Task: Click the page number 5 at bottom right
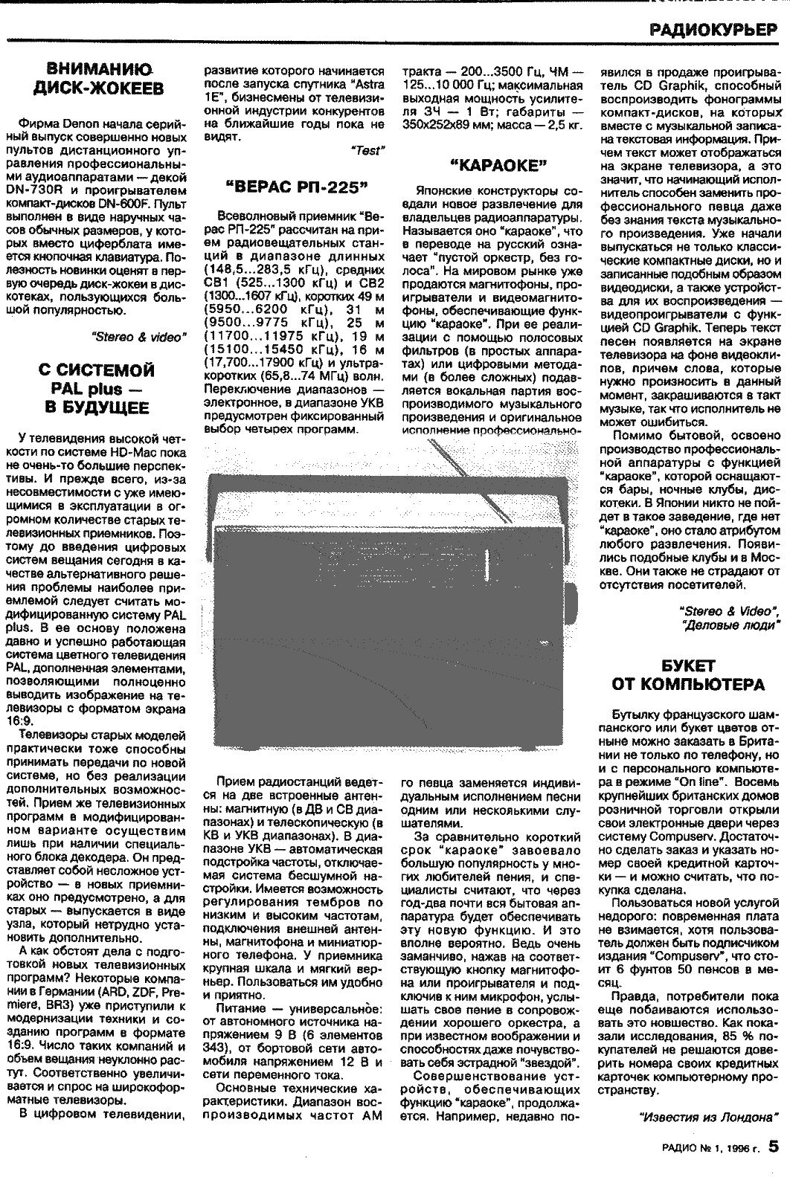tap(774, 1146)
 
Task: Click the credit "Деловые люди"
tap(730, 625)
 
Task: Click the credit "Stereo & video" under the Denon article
tap(137, 336)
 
